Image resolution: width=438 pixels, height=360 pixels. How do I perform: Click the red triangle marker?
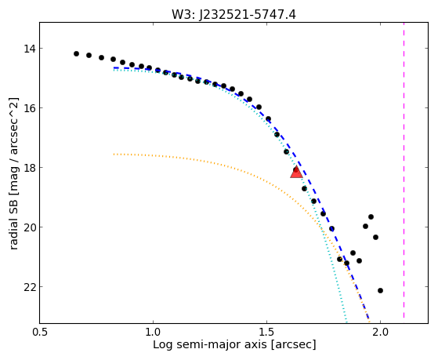[296, 173]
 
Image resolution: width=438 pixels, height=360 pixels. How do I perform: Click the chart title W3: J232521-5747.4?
[233, 15]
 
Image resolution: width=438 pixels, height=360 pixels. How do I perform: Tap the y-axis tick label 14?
[30, 49]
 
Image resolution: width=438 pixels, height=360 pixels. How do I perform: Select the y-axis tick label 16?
[30, 108]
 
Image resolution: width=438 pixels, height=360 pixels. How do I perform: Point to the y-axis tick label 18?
[30, 168]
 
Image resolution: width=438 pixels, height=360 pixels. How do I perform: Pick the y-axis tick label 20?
[30, 227]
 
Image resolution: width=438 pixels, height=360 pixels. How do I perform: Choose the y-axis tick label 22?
[30, 287]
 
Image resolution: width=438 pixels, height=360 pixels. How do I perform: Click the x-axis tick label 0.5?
[40, 332]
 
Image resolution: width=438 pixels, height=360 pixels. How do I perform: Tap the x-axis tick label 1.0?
[153, 332]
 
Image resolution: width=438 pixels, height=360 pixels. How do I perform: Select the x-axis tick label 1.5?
[266, 332]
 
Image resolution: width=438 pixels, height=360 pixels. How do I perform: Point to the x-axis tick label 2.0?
[381, 332]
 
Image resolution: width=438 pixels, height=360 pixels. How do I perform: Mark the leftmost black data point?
[76, 53]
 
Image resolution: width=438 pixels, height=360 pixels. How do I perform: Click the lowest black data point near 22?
[380, 291]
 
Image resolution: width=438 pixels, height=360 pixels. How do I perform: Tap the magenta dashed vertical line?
[404, 170]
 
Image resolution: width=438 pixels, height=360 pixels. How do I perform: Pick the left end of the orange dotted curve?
[114, 155]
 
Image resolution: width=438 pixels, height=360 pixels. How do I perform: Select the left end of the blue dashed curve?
[114, 67]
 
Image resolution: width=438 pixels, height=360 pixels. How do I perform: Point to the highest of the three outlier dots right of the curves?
[371, 216]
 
